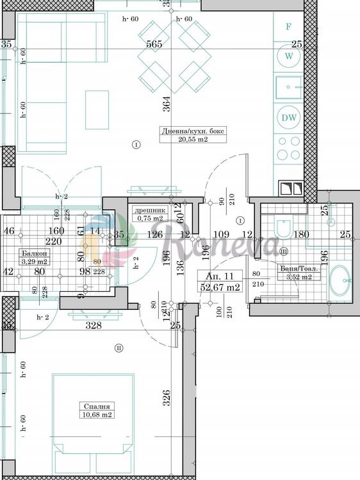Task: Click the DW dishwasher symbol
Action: pos(289,117)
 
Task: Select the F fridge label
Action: pos(289,27)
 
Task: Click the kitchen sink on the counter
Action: pos(290,87)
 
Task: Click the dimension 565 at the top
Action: pos(154,44)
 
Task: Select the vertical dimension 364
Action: pos(165,102)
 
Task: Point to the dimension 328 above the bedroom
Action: pos(94,326)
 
